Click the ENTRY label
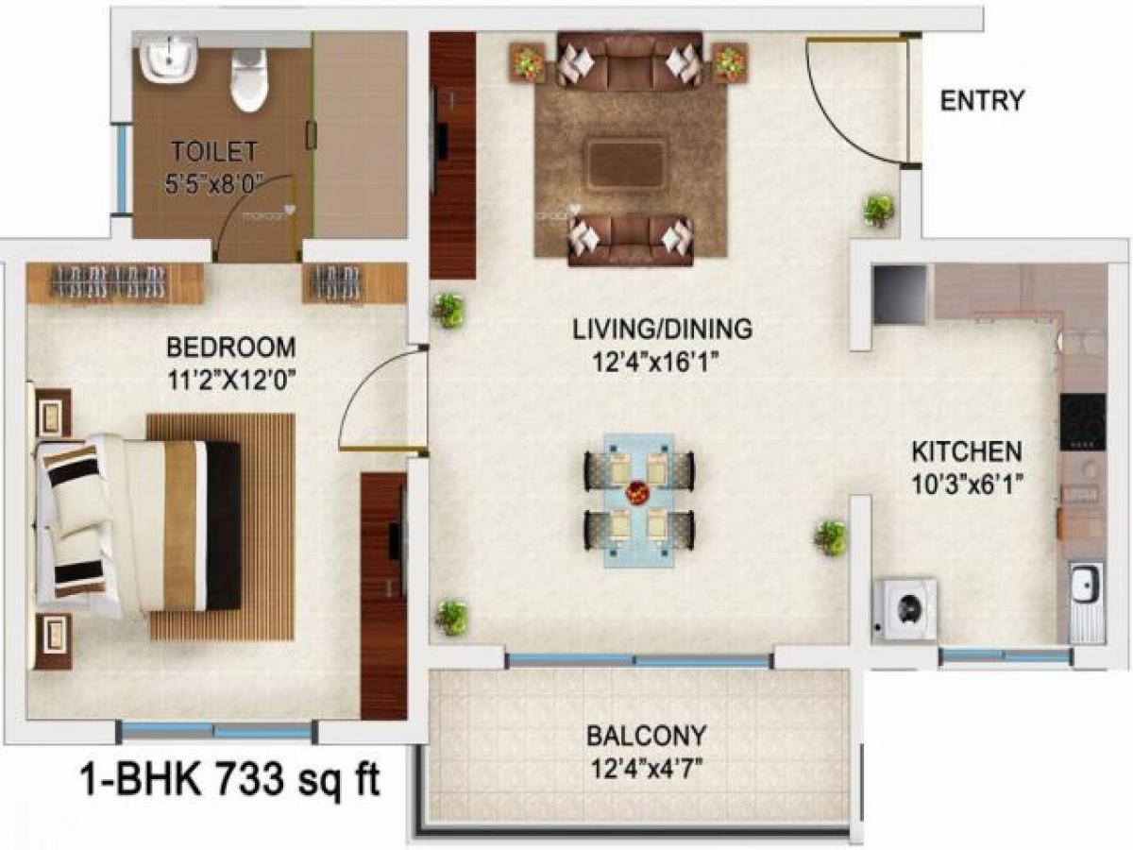point(982,101)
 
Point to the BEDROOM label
point(232,346)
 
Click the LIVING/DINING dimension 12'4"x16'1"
point(662,360)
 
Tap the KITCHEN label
point(966,450)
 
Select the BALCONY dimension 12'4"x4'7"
point(645,762)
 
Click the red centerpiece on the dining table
point(638,494)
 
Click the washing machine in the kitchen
point(905,609)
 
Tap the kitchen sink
point(1086,590)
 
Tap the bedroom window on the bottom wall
point(215,730)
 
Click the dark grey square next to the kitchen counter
point(899,295)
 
